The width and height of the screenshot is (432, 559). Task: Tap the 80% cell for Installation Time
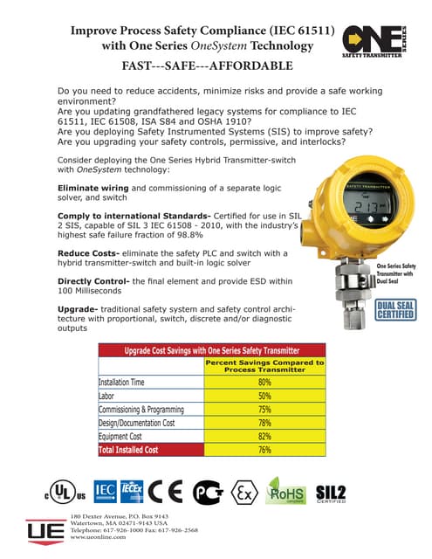point(264,382)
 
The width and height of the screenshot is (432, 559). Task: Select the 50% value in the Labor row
point(264,395)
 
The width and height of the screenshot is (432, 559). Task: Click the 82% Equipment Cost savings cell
point(264,436)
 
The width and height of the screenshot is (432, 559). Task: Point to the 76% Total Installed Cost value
point(264,450)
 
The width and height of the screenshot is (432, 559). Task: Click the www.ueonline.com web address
point(98,537)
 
